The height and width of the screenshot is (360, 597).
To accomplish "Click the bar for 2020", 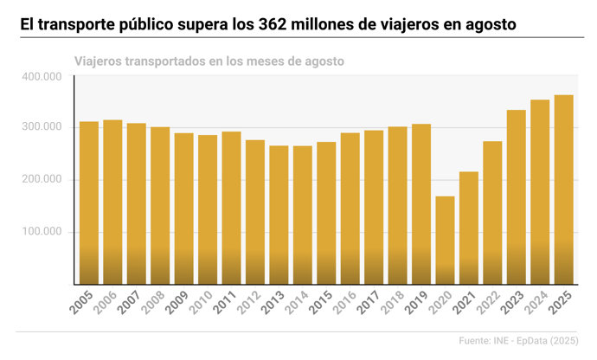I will click(x=444, y=240).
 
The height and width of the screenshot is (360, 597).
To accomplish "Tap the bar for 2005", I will click(x=89, y=202).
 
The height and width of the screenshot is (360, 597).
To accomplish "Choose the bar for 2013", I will click(x=279, y=215).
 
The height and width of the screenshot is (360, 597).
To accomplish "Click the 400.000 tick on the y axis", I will click(x=41, y=76).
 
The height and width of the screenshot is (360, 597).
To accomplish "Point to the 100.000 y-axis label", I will click(x=41, y=232).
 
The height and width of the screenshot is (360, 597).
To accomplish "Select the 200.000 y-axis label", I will click(x=41, y=180).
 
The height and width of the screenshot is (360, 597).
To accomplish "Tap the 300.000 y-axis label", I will click(x=41, y=128).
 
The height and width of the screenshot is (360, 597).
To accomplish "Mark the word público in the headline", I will click(x=138, y=23).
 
